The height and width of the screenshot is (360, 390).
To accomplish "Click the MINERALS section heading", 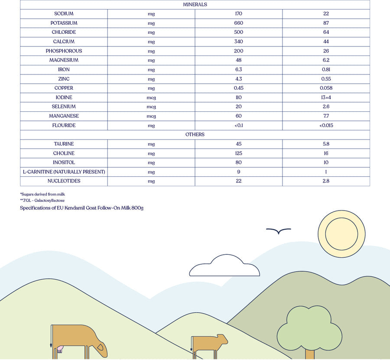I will point(195,4).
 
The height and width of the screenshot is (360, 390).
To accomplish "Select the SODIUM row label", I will point(64,14).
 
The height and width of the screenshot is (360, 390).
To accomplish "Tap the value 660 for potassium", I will point(238,23).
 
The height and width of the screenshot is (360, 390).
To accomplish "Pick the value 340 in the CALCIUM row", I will point(238,42).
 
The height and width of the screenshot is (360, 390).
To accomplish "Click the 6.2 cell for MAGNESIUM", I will point(326,60).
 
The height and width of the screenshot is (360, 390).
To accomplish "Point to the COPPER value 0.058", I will point(326,88).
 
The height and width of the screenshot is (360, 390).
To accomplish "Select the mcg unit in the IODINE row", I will point(151,97).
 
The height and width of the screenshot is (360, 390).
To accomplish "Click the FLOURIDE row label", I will point(64,125).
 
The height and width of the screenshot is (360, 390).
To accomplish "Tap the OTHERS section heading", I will point(195,135).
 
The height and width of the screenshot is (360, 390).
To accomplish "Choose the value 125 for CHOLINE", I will point(238,153).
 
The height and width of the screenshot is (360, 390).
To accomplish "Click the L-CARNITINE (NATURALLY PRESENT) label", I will point(64,172).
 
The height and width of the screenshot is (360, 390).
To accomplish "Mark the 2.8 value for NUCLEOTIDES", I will point(326,181).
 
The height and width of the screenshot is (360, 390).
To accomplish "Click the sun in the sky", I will point(341,234).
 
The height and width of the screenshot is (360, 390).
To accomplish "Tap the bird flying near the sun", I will point(278,231).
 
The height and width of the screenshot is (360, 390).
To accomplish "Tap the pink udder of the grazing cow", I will point(59,348).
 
